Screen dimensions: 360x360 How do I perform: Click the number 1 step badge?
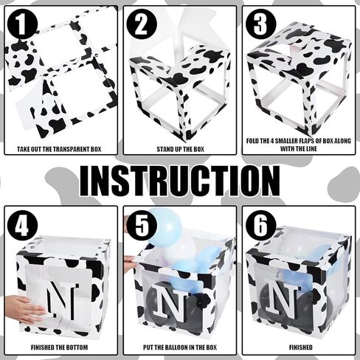[x=22, y=24]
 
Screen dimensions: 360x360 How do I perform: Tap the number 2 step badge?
[x=142, y=24]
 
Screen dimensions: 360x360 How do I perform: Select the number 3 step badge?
[x=260, y=24]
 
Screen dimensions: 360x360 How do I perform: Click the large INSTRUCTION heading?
[x=180, y=181]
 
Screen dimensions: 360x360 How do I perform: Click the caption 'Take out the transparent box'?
[x=59, y=149]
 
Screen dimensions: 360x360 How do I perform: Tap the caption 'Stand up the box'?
[x=180, y=149]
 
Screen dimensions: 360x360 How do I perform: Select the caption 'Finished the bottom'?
[x=59, y=347]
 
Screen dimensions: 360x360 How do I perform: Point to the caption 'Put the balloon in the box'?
[x=180, y=347]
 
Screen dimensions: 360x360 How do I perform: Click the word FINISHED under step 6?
[x=300, y=347]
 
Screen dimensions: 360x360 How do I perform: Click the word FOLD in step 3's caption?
[x=253, y=141]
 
